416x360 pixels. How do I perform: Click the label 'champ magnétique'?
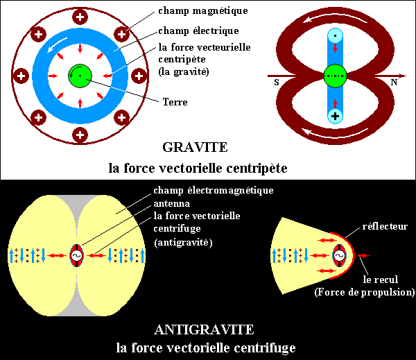click(x=203, y=11)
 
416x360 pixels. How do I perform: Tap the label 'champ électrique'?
click(x=198, y=31)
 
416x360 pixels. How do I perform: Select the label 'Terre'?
click(x=175, y=102)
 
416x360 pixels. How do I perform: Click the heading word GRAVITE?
click(x=195, y=147)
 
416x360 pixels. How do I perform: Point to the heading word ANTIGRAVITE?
click(x=204, y=329)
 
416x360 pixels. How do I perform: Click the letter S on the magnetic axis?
click(x=277, y=83)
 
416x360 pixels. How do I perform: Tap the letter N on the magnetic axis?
click(x=394, y=83)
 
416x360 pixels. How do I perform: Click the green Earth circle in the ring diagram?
click(x=80, y=76)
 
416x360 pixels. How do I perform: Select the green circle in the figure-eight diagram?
click(x=335, y=76)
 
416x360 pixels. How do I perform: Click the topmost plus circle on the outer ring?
click(x=80, y=17)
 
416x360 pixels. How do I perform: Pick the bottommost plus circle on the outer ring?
click(x=80, y=135)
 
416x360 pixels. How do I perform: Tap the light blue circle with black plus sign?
click(x=335, y=116)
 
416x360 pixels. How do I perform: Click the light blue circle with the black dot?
click(x=335, y=35)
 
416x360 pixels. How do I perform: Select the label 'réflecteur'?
click(x=385, y=226)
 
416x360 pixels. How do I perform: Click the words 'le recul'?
click(x=381, y=280)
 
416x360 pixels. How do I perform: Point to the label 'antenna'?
click(x=172, y=204)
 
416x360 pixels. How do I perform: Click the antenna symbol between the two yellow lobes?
click(x=77, y=255)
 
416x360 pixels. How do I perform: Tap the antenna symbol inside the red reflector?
click(x=339, y=255)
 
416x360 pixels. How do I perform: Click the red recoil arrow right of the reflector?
click(x=363, y=255)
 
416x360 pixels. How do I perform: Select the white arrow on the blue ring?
click(x=56, y=45)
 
